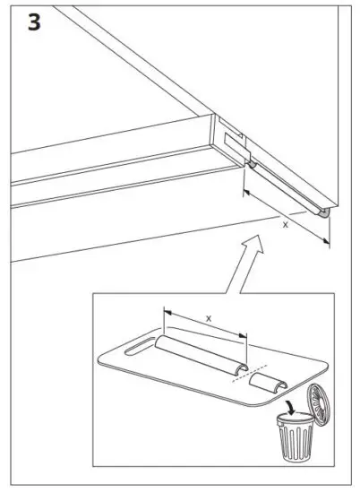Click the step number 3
33,23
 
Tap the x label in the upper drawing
286,224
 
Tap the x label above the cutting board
208,318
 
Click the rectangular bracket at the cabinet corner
232,143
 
